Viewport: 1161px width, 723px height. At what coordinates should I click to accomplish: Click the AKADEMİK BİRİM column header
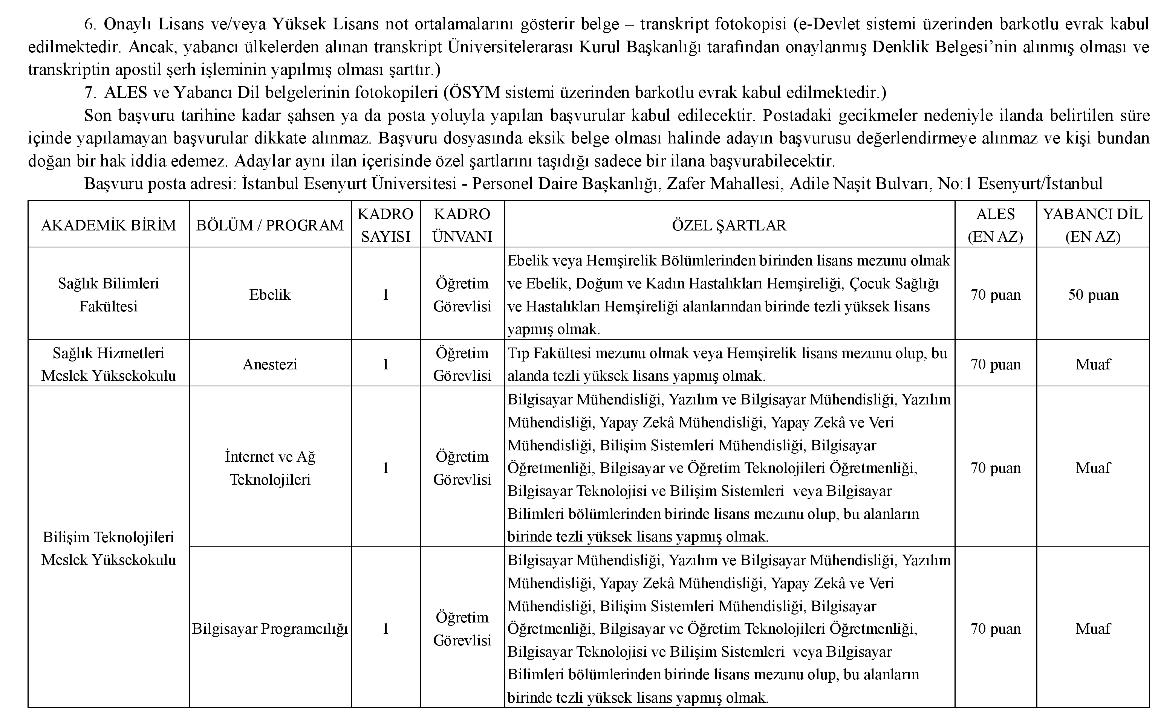(x=109, y=225)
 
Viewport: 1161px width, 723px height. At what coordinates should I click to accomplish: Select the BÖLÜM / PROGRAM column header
(x=270, y=225)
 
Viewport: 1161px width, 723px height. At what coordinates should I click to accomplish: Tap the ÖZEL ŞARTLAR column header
(x=729, y=225)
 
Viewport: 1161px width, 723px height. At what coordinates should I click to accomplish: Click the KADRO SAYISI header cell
(x=385, y=225)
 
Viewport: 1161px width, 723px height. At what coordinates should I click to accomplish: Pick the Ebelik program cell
(x=270, y=294)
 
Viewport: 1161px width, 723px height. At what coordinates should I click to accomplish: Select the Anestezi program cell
(x=270, y=365)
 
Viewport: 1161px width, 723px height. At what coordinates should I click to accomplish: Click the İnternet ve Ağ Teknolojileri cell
(x=270, y=468)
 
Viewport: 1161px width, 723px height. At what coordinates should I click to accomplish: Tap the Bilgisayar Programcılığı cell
(x=270, y=628)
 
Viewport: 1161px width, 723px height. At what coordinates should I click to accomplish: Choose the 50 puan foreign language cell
(x=1093, y=294)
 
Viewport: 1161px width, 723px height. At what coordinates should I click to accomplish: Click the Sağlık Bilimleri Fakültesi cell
(x=109, y=294)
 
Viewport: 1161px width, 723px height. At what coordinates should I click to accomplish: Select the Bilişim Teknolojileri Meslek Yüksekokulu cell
(x=109, y=548)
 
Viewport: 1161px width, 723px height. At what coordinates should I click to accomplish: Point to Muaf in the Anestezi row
(x=1093, y=365)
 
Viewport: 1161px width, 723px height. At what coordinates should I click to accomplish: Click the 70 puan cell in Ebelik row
(x=996, y=294)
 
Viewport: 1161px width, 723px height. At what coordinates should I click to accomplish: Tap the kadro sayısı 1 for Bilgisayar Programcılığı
(x=385, y=628)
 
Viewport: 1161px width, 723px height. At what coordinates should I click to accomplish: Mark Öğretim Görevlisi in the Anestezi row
(x=462, y=365)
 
